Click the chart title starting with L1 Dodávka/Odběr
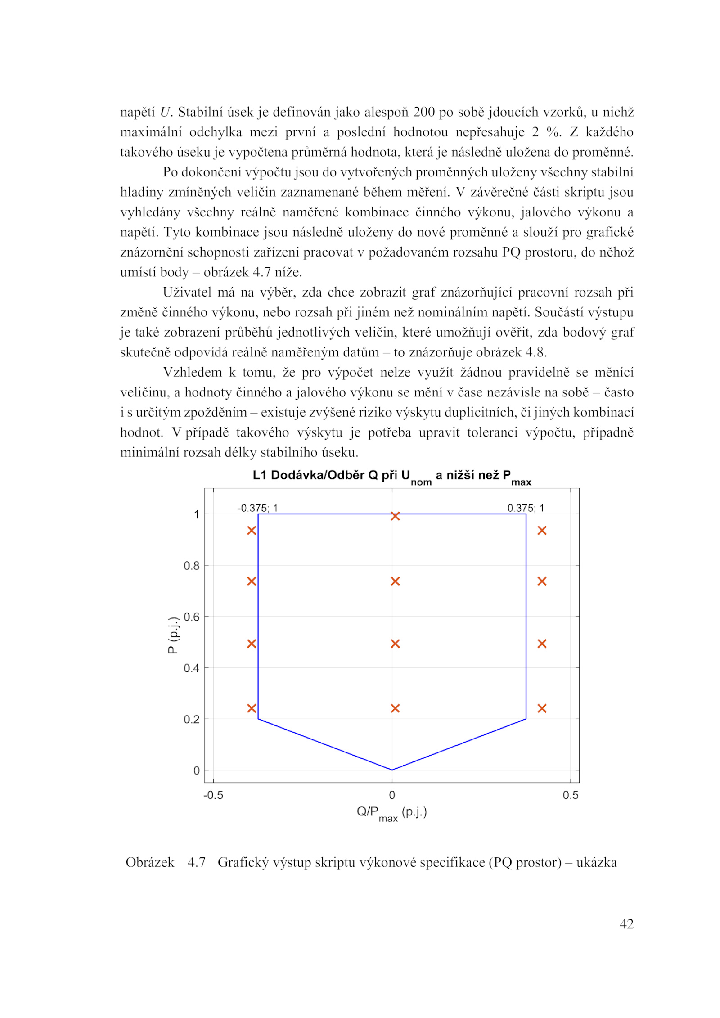pyautogui.click(x=391, y=477)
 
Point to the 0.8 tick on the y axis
pyautogui.click(x=192, y=566)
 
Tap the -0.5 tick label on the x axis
pyautogui.click(x=213, y=795)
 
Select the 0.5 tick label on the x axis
pyautogui.click(x=570, y=795)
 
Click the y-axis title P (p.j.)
pyautogui.click(x=173, y=635)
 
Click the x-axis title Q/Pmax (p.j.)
pyautogui.click(x=391, y=813)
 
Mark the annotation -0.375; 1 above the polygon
pyautogui.click(x=257, y=508)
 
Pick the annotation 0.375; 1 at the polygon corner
pyautogui.click(x=526, y=508)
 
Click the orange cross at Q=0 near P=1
pyautogui.click(x=395, y=516)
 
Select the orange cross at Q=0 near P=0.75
pyautogui.click(x=395, y=581)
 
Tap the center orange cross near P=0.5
pyautogui.click(x=395, y=644)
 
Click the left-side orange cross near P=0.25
pyautogui.click(x=252, y=709)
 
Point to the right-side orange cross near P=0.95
pyautogui.click(x=542, y=531)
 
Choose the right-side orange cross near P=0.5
pyautogui.click(x=542, y=644)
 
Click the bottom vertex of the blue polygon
pyautogui.click(x=392, y=770)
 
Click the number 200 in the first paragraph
pyautogui.click(x=424, y=112)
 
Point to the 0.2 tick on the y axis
pyautogui.click(x=192, y=719)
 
